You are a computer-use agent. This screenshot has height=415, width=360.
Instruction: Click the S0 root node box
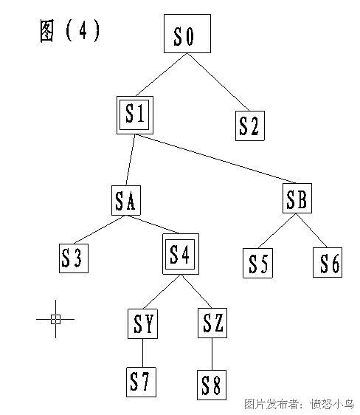coord(187,34)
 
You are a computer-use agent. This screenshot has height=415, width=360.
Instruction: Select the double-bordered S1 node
coord(135,115)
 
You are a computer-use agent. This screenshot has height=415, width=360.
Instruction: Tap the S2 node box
coord(250,126)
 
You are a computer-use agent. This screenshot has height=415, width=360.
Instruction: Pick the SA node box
coord(126,200)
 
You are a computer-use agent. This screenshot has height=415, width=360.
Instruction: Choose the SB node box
coord(297,198)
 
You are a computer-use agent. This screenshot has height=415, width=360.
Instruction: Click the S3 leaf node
coord(74,258)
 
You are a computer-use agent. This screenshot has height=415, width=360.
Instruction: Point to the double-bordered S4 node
coord(181,254)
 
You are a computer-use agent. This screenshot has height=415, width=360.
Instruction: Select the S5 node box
coord(257,263)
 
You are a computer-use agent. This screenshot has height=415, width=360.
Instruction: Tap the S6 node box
coord(328,263)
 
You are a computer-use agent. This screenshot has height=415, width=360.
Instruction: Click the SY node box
coord(142,323)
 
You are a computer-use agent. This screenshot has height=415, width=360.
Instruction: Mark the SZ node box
coord(212,323)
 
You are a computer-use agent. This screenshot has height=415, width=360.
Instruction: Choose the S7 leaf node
coord(141,383)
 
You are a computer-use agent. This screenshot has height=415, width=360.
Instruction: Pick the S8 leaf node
coord(212,385)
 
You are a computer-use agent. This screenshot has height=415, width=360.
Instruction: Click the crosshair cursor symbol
coord(55,319)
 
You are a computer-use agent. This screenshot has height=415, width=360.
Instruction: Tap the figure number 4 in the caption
coord(83,30)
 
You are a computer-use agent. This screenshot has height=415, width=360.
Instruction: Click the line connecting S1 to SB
coord(215,159)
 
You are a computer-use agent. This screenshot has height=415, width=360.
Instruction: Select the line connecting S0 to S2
coord(218,82)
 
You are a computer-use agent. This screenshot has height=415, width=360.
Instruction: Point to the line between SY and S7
coord(142,353)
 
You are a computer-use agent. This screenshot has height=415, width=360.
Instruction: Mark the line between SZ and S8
coord(212,354)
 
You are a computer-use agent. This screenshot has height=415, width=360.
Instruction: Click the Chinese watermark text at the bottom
coord(299,404)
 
